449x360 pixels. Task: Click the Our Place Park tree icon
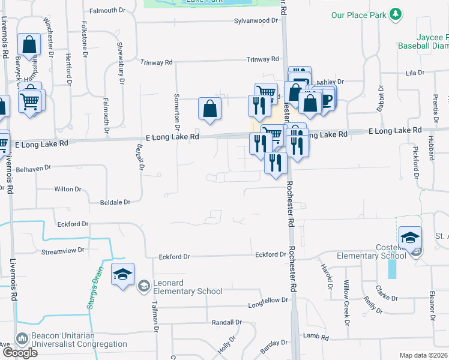(x=395, y=14)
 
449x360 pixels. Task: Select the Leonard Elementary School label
(x=188, y=286)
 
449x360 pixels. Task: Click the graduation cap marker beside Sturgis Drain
(x=122, y=275)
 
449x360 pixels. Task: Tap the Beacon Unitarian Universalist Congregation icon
(x=22, y=340)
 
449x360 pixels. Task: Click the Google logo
(x=20, y=352)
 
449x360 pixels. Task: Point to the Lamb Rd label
(x=316, y=337)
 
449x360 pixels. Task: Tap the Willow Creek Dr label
(x=346, y=302)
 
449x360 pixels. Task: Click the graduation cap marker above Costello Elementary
(x=410, y=238)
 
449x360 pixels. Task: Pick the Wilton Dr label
(x=67, y=189)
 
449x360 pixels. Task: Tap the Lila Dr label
(x=415, y=73)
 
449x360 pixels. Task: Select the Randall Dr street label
(x=226, y=322)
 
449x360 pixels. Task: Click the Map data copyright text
(x=423, y=355)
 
